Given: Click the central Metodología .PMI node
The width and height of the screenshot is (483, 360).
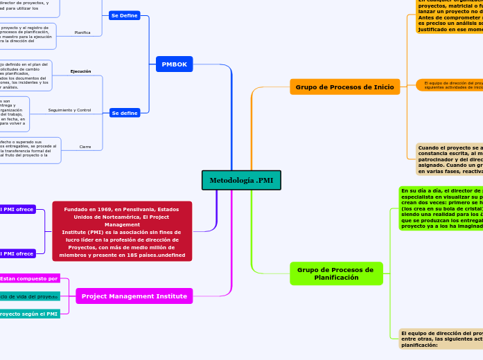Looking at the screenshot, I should [x=241, y=180].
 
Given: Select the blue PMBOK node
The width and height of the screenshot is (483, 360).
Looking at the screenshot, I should [x=174, y=64].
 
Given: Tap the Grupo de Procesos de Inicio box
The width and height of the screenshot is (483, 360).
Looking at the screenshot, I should [x=344, y=87].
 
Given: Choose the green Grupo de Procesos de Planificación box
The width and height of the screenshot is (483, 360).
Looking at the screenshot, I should [x=335, y=273].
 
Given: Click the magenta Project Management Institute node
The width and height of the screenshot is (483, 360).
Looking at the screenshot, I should [x=134, y=296].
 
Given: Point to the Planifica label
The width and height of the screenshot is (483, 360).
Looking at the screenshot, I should [x=82, y=33].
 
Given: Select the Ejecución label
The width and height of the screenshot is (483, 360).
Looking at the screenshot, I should [x=81, y=71].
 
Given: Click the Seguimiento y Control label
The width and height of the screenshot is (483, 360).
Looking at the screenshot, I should [x=69, y=110].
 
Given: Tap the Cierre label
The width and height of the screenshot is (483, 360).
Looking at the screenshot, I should [x=85, y=147].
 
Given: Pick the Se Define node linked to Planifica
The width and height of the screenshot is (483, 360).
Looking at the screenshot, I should [x=125, y=15].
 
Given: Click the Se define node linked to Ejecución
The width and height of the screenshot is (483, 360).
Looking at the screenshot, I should [x=125, y=113].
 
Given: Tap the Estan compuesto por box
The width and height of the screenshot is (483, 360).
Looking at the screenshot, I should [x=29, y=278].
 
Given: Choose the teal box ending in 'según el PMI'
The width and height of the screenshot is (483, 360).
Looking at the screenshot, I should [x=29, y=314].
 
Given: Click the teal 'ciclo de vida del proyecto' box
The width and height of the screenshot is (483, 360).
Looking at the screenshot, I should [x=29, y=296].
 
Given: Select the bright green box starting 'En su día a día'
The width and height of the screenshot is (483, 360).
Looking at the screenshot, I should [x=441, y=208].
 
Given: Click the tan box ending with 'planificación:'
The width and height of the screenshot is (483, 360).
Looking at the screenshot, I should [x=441, y=339].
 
